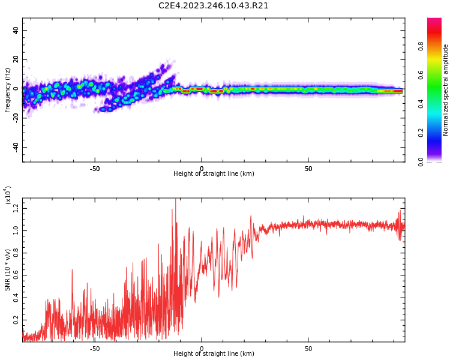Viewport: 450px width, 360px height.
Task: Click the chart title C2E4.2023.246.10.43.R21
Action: pyautogui.click(x=213, y=6)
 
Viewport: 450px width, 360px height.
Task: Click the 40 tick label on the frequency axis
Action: pyautogui.click(x=16, y=30)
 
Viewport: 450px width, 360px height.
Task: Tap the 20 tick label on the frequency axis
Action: pyautogui.click(x=16, y=59)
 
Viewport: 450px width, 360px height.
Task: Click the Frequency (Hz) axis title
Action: pyautogui.click(x=8, y=90)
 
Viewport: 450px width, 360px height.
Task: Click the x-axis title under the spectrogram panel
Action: pyautogui.click(x=214, y=174)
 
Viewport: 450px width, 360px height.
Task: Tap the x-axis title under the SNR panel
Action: pyautogui.click(x=214, y=353)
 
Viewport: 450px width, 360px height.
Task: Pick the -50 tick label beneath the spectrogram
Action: pyautogui.click(x=95, y=169)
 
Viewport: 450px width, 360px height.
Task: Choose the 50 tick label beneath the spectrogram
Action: pyautogui.click(x=308, y=169)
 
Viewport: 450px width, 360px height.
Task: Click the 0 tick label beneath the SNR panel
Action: pyautogui.click(x=202, y=349)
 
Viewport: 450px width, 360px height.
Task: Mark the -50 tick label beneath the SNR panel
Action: pyautogui.click(x=95, y=349)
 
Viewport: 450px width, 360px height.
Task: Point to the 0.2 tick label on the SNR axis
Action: pyautogui.click(x=16, y=322)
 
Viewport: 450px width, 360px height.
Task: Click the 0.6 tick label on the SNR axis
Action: pyautogui.click(x=16, y=276)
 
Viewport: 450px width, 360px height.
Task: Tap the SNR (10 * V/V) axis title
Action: pyautogui.click(x=8, y=270)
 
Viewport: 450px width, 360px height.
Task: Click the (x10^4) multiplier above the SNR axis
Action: pyautogui.click(x=7, y=195)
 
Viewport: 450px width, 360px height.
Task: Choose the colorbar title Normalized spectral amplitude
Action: pyautogui.click(x=446, y=90)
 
